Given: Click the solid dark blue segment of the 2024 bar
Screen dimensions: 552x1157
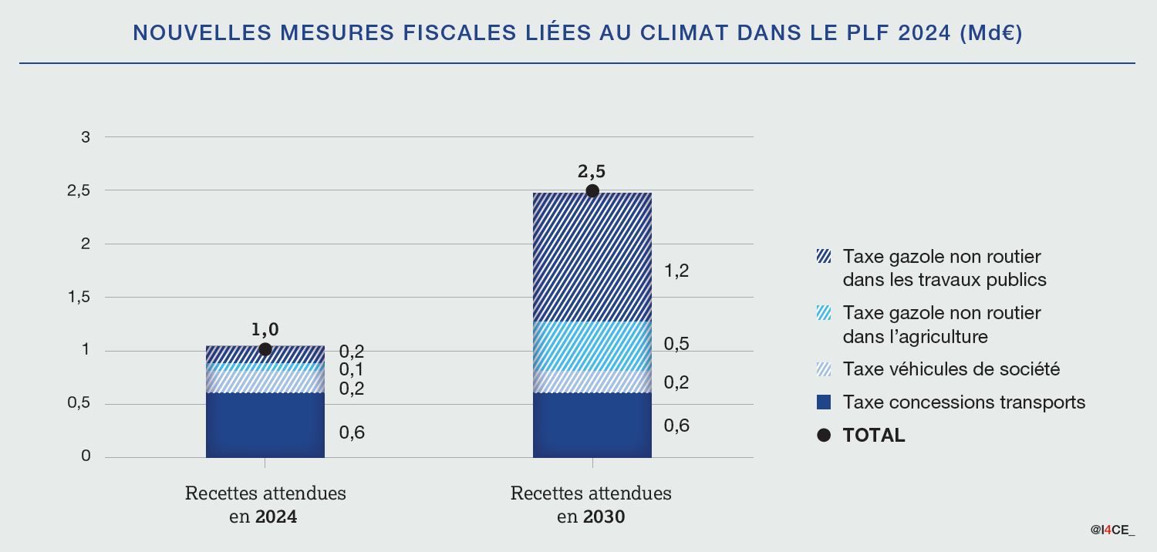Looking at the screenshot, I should point(265,425).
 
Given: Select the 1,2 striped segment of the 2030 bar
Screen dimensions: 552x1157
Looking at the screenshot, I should point(592,257).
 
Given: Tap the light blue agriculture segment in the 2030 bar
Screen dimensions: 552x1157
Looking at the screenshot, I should point(592,346).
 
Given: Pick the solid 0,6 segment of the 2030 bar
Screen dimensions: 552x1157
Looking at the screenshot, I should point(592,425).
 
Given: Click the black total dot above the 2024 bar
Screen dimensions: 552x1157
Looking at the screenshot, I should point(265,349).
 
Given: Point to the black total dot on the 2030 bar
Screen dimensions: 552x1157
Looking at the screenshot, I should point(592,191).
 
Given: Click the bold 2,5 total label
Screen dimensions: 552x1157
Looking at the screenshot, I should point(592,172).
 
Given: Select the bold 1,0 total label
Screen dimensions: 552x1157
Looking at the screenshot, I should point(265,330).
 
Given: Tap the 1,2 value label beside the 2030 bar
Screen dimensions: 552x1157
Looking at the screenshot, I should point(676,271).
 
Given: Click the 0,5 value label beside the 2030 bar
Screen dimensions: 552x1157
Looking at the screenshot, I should point(676,344).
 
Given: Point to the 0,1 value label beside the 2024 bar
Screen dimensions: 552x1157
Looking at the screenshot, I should point(352,370).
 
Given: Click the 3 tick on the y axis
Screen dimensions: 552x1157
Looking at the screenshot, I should point(86,137).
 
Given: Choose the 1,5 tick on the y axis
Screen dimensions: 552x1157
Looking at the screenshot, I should point(79,297).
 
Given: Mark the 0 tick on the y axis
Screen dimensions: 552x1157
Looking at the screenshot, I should point(86,456).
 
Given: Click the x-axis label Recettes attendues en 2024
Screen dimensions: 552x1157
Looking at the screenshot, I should point(265,504).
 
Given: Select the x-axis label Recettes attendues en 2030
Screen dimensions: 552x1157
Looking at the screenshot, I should point(591,504).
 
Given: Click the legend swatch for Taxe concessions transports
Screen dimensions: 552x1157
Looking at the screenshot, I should point(824,402).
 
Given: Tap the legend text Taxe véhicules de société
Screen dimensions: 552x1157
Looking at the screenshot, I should point(951,369).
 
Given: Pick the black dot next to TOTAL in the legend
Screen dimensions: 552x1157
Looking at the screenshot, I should point(824,435).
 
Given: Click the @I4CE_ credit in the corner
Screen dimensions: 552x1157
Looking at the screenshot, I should point(1112,530).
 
